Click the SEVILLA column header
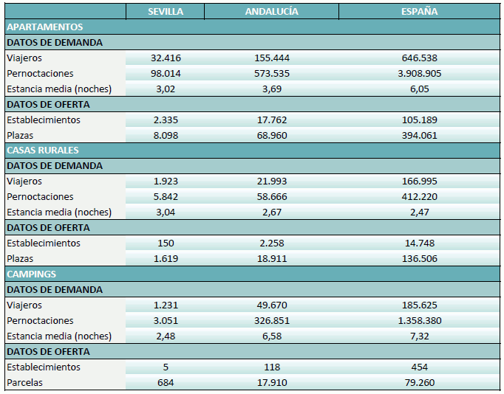166,12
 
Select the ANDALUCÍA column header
271,12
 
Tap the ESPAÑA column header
419,12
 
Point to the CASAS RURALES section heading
43,151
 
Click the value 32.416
166,58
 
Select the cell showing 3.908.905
419,74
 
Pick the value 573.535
271,74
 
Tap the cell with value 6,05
419,89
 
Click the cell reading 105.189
419,120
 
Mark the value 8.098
166,136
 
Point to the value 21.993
271,182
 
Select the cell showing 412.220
419,197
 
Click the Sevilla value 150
166,243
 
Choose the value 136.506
419,259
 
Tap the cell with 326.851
271,321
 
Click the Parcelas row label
25,383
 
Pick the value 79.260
419,383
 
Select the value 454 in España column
419,367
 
